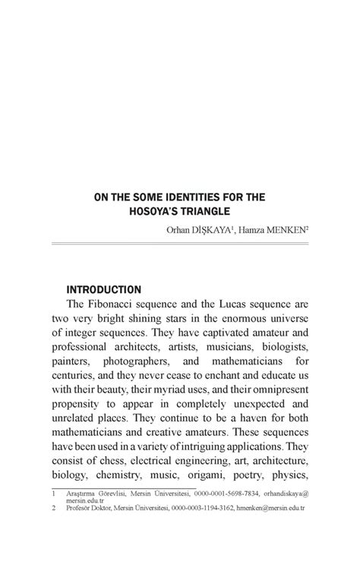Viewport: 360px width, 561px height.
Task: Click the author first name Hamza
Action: tap(256, 228)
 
